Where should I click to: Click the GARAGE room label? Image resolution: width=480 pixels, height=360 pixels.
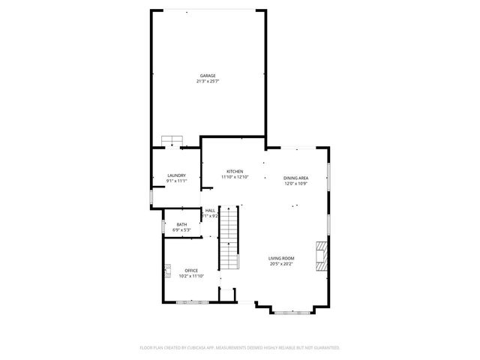[x=208, y=76]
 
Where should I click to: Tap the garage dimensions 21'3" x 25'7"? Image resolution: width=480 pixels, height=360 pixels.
[x=208, y=81]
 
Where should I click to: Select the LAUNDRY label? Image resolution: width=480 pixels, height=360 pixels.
[x=176, y=175]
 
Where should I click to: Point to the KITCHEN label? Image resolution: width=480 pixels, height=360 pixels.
[x=235, y=172]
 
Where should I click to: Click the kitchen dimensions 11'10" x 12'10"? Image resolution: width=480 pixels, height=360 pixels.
[x=235, y=177]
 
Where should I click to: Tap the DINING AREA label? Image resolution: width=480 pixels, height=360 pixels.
[x=296, y=178]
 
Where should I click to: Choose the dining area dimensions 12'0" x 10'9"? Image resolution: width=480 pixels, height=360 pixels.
[x=296, y=183]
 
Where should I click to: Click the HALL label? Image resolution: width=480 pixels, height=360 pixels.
[x=210, y=211]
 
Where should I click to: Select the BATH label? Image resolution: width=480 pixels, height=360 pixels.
[x=181, y=224]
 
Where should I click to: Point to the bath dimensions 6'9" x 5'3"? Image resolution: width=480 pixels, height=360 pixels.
[x=181, y=229]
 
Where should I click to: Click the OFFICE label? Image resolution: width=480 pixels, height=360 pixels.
[x=191, y=271]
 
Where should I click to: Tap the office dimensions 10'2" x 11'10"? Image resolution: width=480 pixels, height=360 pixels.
[x=191, y=276]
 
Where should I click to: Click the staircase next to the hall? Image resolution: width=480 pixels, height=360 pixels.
[x=228, y=240]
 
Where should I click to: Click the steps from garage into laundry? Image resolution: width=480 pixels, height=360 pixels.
[x=172, y=141]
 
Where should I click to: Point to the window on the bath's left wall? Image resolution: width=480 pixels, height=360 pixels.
[x=164, y=226]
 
